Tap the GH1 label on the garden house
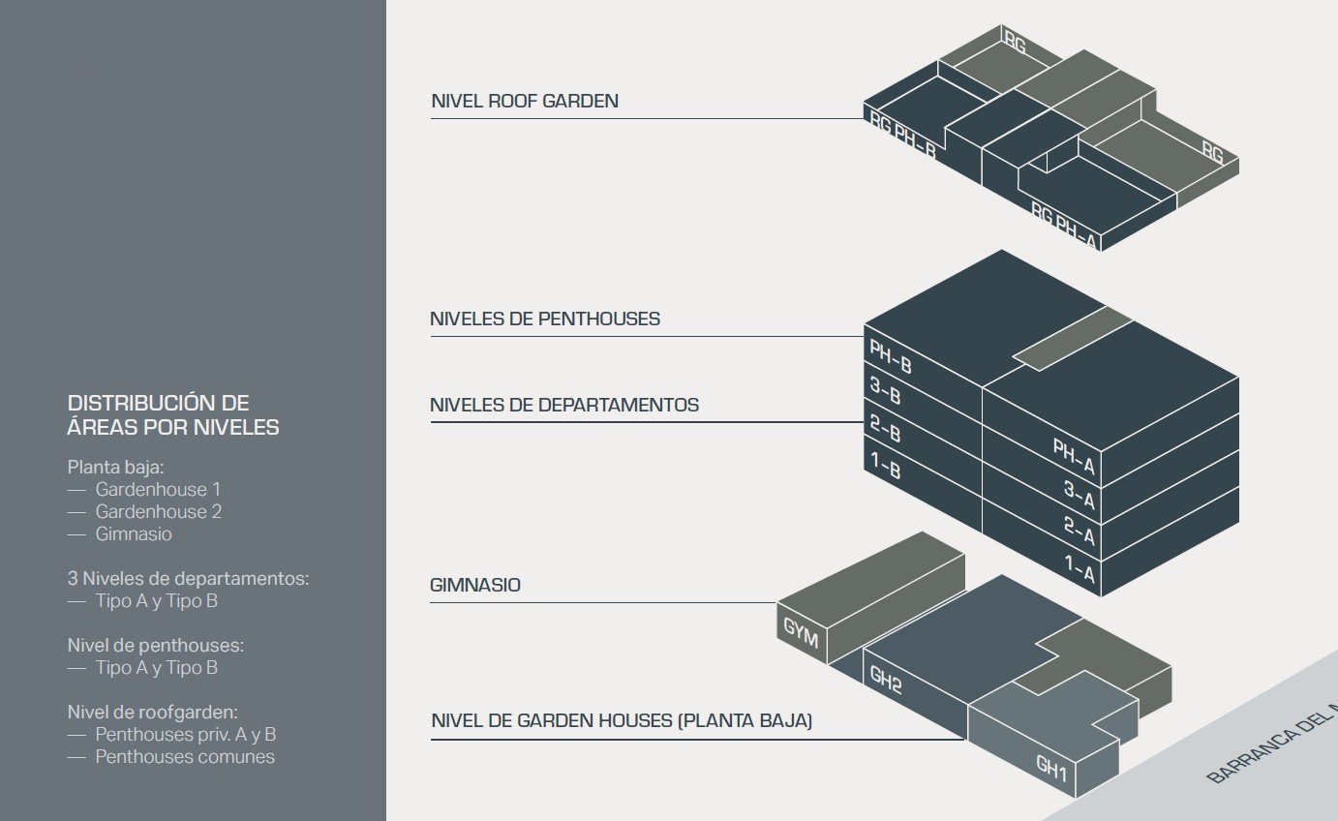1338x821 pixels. [1050, 770]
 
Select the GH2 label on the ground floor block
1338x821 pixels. [886, 681]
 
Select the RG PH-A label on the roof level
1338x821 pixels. [1063, 225]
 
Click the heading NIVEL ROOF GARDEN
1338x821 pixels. [525, 102]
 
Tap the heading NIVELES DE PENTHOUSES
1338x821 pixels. [545, 319]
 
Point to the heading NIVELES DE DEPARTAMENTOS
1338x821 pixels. [564, 405]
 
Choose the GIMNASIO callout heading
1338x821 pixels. [475, 585]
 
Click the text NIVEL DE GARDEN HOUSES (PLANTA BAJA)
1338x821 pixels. [622, 721]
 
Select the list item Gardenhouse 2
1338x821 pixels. [158, 511]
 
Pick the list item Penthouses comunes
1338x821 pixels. [184, 757]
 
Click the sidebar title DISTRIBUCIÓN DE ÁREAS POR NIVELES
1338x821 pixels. [173, 414]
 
